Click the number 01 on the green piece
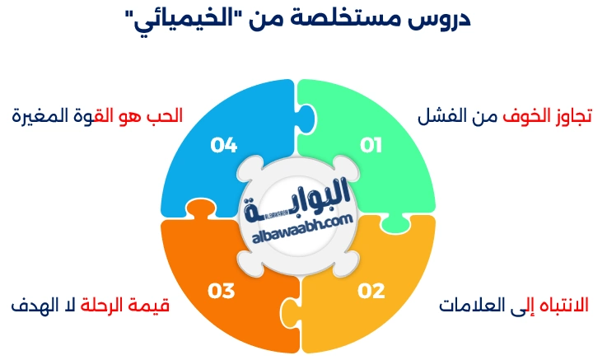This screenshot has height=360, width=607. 372,145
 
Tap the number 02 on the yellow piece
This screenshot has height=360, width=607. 371,290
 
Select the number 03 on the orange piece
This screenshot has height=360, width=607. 222,290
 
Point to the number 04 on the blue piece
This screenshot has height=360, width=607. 223,145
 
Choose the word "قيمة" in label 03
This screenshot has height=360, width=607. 152,305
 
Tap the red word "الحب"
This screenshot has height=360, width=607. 167,115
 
